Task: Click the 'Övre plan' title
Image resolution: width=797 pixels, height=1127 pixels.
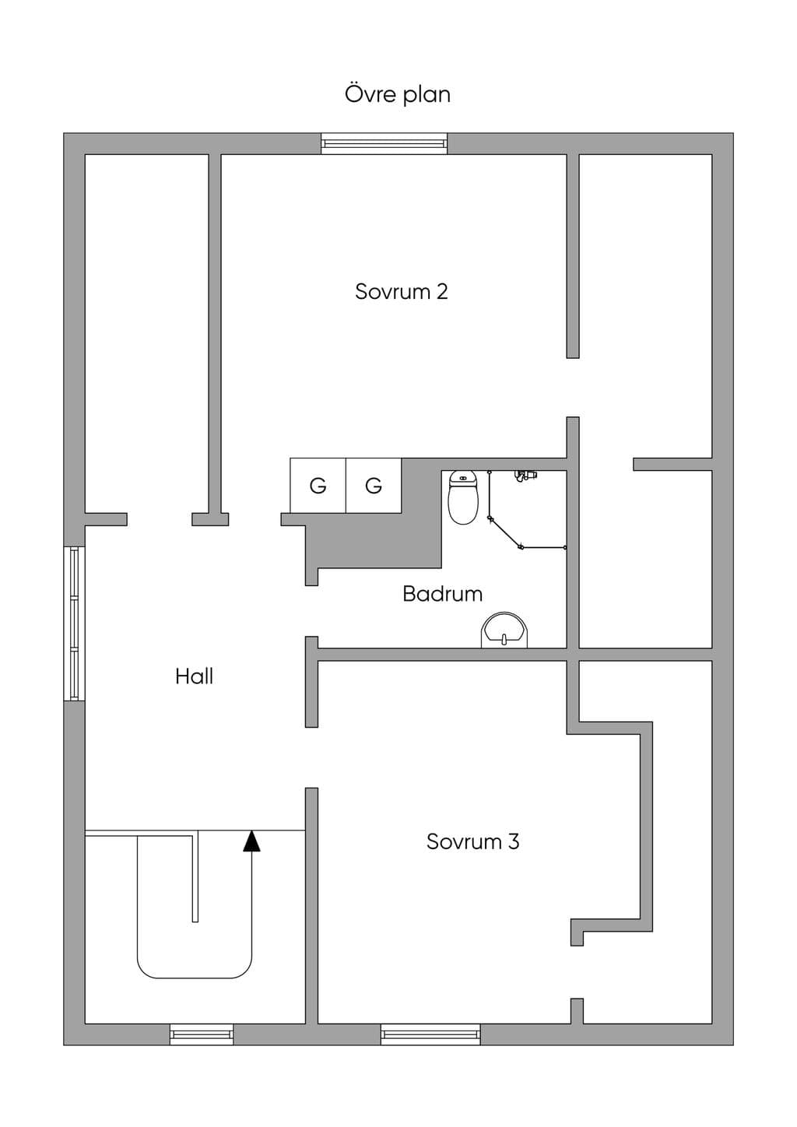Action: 398,95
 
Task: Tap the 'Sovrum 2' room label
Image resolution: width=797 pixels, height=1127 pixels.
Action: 401,291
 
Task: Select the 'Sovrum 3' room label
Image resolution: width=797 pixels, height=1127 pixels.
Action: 472,841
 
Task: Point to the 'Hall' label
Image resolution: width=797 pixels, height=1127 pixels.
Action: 195,676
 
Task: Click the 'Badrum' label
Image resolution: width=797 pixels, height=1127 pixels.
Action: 442,594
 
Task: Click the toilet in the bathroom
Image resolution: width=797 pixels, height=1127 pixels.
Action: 463,497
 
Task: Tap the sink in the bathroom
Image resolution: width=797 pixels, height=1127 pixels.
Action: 504,630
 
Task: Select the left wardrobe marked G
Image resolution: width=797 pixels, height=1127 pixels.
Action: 318,486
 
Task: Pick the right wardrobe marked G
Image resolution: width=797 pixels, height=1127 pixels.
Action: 374,486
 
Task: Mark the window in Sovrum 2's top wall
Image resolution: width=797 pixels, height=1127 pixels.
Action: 384,143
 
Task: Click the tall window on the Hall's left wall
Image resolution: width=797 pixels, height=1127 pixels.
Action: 74,623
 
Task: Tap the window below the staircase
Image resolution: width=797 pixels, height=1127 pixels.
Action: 202,1034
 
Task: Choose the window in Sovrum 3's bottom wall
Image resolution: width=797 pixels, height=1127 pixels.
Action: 430,1034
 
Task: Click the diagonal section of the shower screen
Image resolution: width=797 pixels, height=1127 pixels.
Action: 504,532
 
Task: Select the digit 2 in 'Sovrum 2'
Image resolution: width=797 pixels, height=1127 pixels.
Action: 442,292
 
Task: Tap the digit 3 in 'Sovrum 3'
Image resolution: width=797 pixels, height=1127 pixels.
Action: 513,841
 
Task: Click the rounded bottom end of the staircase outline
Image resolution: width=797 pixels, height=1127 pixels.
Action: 195,978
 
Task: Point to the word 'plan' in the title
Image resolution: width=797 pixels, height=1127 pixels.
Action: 427,96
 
